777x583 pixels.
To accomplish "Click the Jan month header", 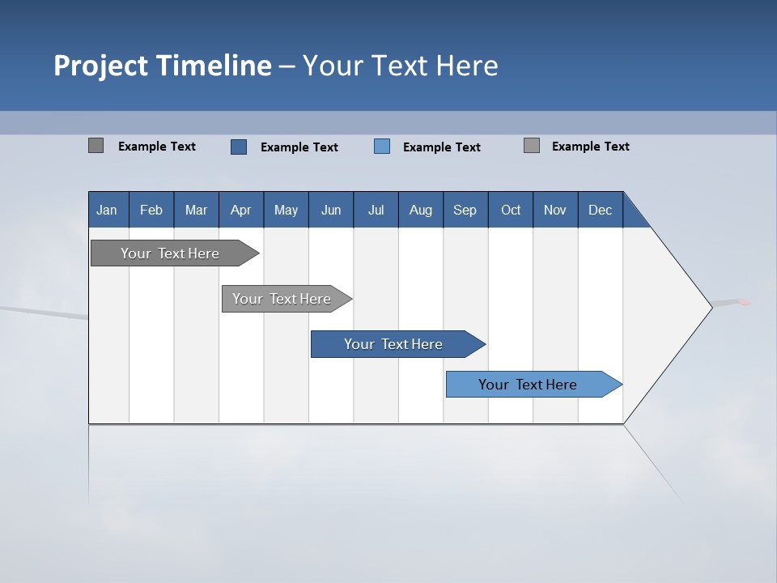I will (108, 210).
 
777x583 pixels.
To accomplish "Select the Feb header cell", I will (151, 210).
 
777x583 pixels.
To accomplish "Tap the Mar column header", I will (196, 210).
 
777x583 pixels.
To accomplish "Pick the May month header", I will (286, 210).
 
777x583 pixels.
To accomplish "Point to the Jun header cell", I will (331, 210).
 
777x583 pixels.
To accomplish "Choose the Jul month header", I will (376, 210).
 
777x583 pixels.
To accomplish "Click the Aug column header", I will (421, 210).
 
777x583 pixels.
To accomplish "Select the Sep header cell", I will (465, 210).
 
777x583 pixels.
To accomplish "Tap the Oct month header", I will (511, 210).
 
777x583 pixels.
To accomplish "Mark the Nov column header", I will (555, 210).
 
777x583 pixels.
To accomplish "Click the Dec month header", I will (601, 210).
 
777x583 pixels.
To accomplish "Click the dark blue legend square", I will (239, 147).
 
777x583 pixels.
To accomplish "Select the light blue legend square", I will (382, 147).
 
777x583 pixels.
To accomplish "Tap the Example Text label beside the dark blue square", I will (299, 147).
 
